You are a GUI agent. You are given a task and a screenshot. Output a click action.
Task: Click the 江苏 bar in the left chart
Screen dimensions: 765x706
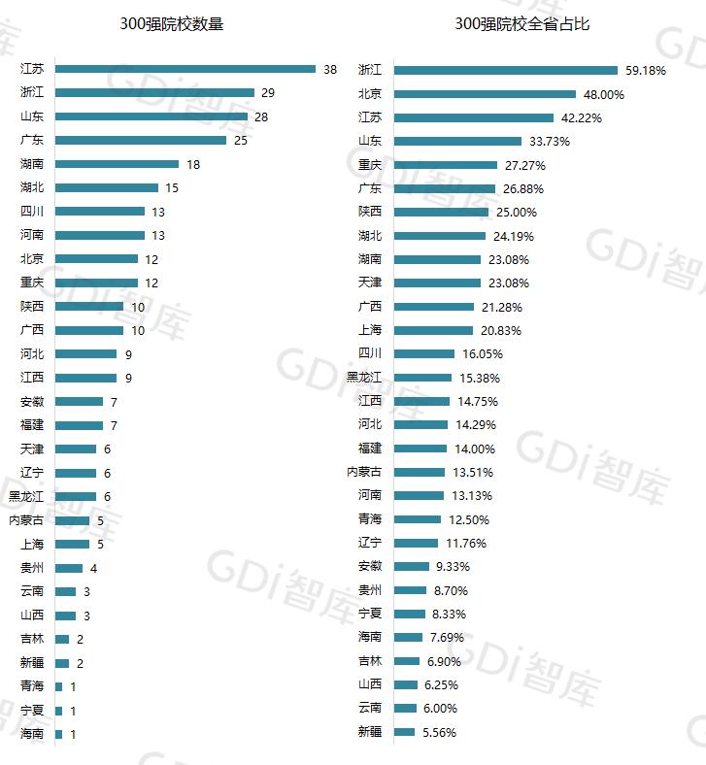185,69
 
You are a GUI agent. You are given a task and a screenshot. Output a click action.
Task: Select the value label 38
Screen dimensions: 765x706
330,70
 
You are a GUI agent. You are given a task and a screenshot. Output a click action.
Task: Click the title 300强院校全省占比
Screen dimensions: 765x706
522,24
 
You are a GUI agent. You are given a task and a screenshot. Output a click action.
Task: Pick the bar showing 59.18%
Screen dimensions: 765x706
505,70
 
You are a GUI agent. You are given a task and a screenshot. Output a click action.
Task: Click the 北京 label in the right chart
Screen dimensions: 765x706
370,94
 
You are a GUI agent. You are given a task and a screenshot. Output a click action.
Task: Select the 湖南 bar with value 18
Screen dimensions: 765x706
117,164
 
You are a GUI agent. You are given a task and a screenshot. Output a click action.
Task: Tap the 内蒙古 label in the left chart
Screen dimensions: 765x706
26,520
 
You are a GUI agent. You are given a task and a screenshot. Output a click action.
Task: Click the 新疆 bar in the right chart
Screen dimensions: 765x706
404,732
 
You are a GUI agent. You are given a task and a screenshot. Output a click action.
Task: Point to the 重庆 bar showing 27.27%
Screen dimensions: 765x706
446,165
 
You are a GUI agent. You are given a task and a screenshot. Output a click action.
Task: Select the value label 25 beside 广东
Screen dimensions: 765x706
242,141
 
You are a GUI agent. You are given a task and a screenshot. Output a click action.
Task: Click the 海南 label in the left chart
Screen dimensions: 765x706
32,734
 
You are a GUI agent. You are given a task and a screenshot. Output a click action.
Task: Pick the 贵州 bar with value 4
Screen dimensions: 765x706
69,568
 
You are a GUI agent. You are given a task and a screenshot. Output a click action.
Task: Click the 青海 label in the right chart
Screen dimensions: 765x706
370,519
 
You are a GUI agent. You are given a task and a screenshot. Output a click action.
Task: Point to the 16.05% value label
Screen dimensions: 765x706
482,354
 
